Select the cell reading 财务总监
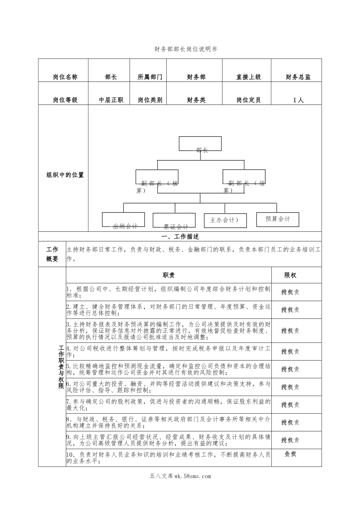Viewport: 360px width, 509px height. pos(298,77)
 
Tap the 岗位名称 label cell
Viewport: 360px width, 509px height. pos(65,77)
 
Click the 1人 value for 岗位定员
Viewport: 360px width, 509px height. pos(298,100)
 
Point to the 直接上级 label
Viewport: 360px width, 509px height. pos(249,77)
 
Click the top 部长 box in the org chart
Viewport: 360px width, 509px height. pos(200,144)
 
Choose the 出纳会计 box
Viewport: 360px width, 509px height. pos(123,220)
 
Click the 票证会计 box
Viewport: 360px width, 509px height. pos(174,220)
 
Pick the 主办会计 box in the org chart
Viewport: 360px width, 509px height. pos(225,220)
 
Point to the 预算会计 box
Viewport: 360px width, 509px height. pos(277,219)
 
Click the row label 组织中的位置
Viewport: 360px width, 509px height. pos(65,175)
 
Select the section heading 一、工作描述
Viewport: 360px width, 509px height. pos(180,237)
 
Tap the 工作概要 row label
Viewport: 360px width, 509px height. pos(52,254)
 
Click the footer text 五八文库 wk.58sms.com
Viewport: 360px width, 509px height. pos(180,476)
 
